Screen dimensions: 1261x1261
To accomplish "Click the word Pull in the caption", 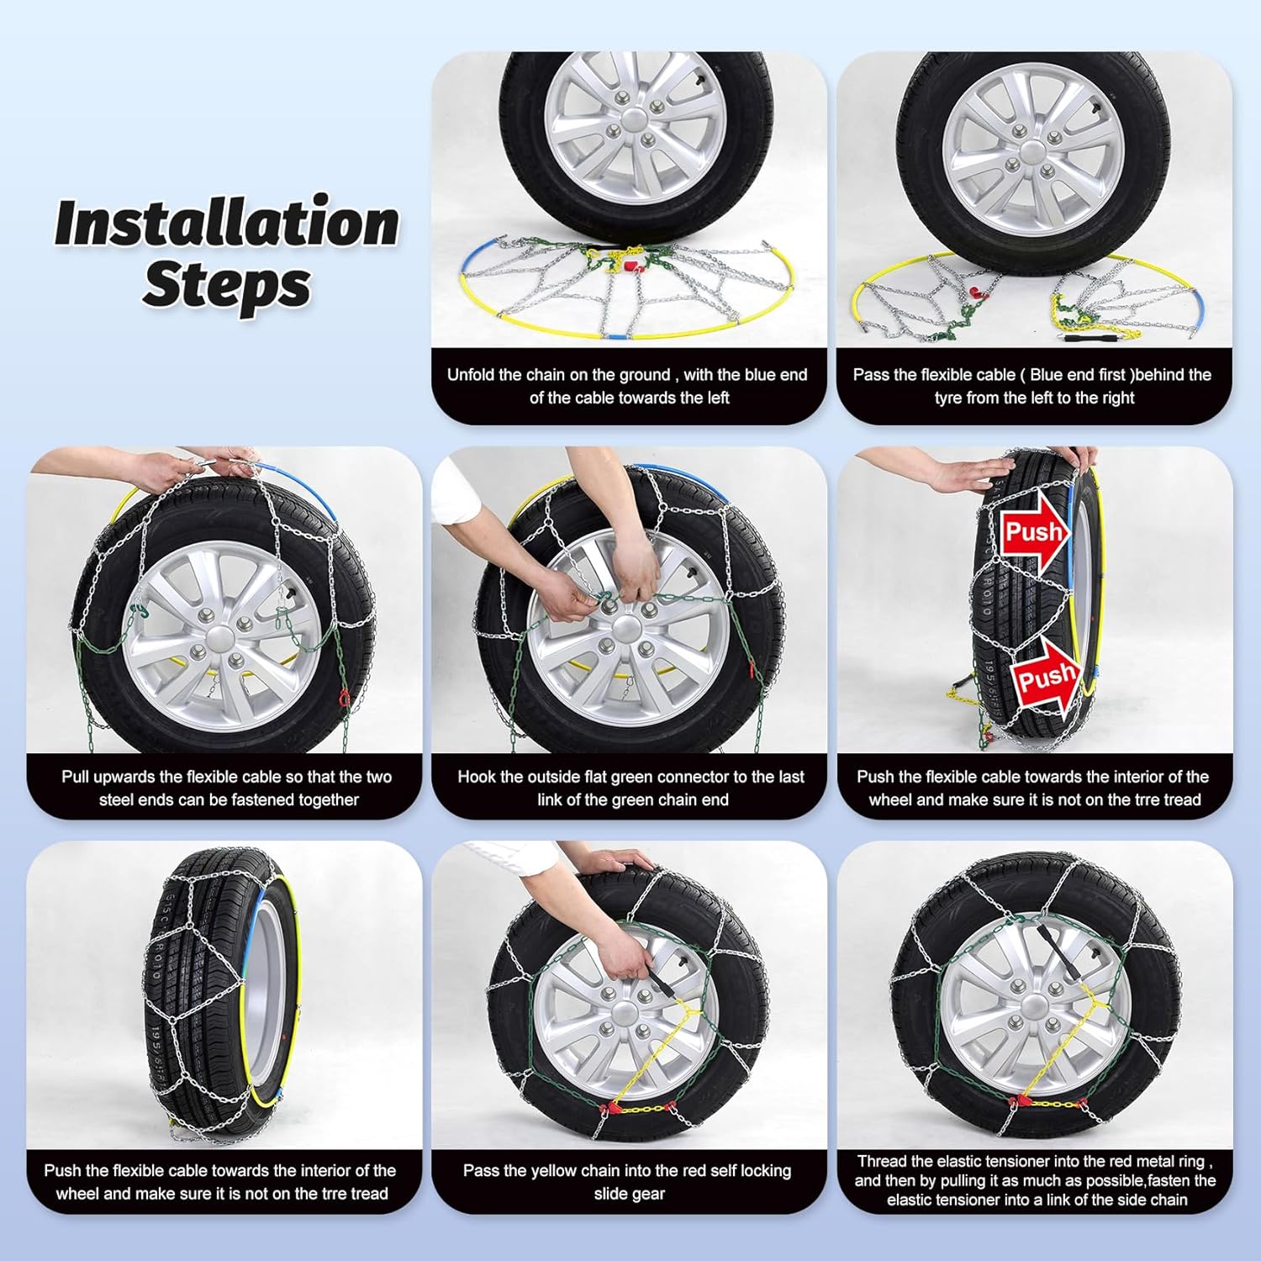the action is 77,777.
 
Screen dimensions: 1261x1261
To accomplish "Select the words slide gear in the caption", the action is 629,1194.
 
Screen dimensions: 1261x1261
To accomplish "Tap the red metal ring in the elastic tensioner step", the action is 1023,1101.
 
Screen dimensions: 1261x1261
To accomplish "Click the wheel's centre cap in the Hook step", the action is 626,629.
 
